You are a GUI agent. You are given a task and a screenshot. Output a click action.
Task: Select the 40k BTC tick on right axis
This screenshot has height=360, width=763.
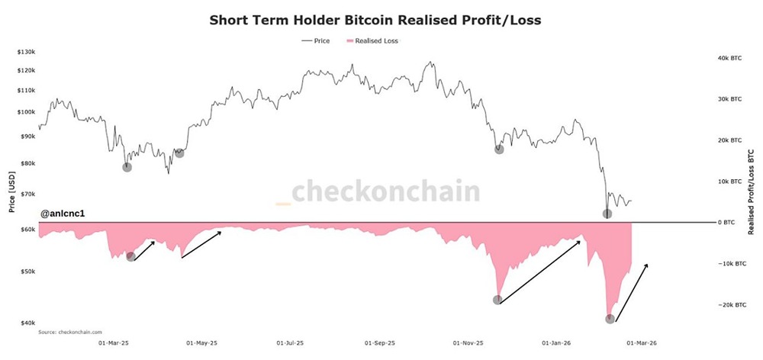[x=730, y=58]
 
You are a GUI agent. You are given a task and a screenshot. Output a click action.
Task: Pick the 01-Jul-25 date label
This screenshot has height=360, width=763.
[x=290, y=343]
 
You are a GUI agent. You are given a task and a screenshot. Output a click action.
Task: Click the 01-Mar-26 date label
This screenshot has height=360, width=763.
[x=638, y=343]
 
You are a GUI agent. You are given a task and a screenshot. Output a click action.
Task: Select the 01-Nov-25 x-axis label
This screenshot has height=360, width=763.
[x=468, y=343]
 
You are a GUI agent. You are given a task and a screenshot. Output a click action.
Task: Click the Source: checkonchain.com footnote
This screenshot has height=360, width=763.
[x=69, y=332]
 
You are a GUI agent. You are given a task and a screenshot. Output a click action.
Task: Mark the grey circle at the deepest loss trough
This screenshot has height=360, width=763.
[x=610, y=319]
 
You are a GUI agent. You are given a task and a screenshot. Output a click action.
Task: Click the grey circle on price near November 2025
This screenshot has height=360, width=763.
[x=499, y=149]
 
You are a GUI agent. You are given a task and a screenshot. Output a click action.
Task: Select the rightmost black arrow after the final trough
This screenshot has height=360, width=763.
[x=632, y=292]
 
